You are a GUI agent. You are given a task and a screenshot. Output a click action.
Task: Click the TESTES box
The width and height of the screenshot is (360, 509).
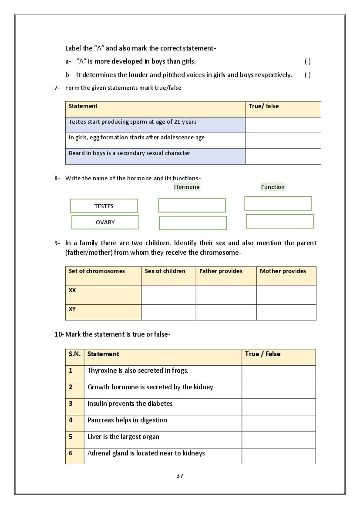104,206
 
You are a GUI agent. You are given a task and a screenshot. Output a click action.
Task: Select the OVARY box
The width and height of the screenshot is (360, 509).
105,222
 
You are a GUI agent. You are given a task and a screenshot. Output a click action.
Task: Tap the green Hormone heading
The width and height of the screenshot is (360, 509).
187,187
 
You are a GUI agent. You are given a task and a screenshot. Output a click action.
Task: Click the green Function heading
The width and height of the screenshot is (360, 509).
273,187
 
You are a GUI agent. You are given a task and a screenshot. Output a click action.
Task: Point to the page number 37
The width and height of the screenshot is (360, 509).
180,475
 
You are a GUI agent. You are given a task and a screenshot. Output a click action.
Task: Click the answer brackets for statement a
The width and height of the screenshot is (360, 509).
308,62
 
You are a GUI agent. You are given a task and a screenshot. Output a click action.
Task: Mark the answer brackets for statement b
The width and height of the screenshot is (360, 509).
308,75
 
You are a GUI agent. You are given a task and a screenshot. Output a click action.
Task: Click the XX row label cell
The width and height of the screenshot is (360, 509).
103,295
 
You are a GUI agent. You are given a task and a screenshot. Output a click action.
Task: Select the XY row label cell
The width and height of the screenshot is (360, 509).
103,312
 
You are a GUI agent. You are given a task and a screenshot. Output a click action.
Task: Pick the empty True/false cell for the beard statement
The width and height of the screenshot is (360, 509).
283,156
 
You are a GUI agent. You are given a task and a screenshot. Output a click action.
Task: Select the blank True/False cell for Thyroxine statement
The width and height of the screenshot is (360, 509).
279,374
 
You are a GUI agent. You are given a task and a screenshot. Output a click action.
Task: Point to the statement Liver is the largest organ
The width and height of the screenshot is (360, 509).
123,437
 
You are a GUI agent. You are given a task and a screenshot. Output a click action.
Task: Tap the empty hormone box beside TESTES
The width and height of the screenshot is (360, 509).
192,205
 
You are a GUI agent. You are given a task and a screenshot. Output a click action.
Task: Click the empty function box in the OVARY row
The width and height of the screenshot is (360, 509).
279,221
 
